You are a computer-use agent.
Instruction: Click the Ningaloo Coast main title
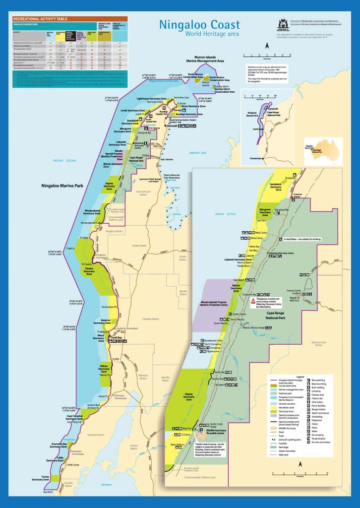[199, 25]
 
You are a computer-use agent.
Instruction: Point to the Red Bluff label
[48, 492]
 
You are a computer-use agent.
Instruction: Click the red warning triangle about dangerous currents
[253, 301]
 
